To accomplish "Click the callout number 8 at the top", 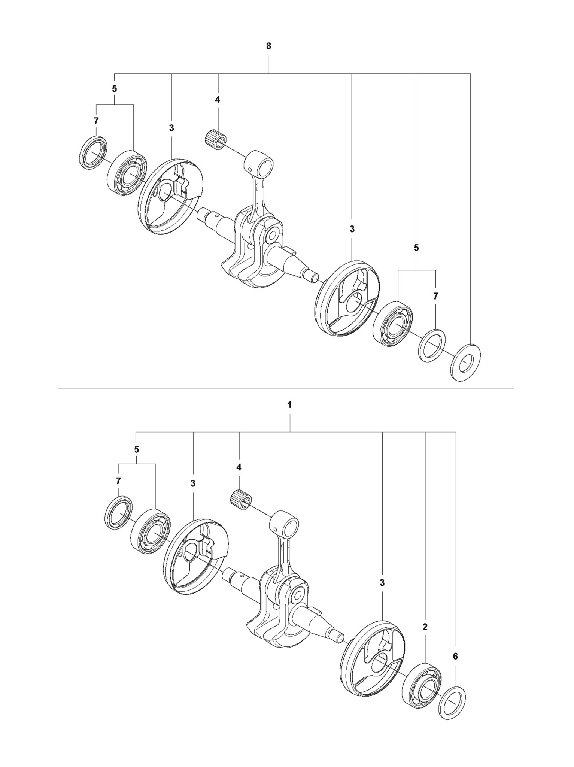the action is tap(268, 46).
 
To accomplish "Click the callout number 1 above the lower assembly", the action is tap(289, 405).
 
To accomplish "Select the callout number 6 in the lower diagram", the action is tap(455, 656).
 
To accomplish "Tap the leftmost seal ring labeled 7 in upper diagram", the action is tap(93, 153).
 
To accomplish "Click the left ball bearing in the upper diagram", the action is tap(128, 173).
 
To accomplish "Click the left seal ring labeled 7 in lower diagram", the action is tap(118, 513).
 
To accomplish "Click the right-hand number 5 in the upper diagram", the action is tap(416, 248).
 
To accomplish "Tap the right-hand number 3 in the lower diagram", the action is tap(382, 583).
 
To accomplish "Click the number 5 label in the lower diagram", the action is tap(137, 449).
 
